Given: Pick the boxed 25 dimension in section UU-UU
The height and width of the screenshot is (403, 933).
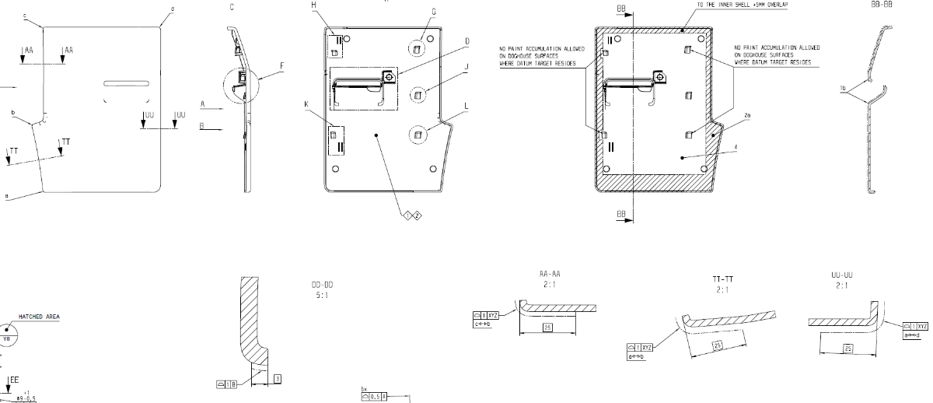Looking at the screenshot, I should click(x=848, y=349).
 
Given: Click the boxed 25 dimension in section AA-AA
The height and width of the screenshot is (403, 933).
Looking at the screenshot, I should click(x=547, y=328).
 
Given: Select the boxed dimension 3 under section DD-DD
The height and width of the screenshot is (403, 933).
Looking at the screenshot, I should click(x=278, y=378).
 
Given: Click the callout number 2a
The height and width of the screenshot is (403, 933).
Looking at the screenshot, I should click(x=747, y=115).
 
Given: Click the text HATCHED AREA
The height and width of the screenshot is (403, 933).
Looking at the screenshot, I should click(x=39, y=317).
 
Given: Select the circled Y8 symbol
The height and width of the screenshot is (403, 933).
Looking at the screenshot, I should click(x=7, y=338).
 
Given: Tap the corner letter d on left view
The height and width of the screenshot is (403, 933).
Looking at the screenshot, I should click(x=172, y=9).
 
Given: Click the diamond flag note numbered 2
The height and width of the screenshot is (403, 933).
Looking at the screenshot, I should click(x=418, y=215).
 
